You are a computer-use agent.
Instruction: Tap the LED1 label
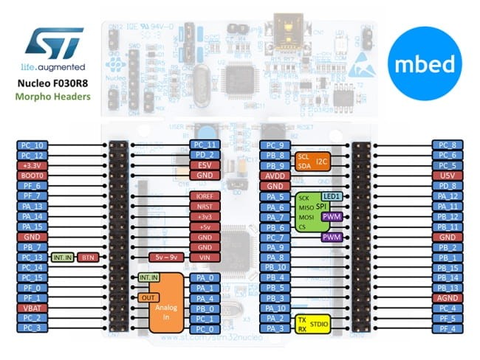pyautogui.click(x=331, y=196)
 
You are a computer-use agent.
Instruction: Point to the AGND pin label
pyautogui.click(x=448, y=297)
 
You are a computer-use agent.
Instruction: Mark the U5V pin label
pyautogui.click(x=448, y=176)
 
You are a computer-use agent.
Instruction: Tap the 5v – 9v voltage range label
pyautogui.click(x=164, y=257)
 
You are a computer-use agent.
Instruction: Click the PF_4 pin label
pyautogui.click(x=448, y=327)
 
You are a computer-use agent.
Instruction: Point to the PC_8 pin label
pyautogui.click(x=448, y=145)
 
